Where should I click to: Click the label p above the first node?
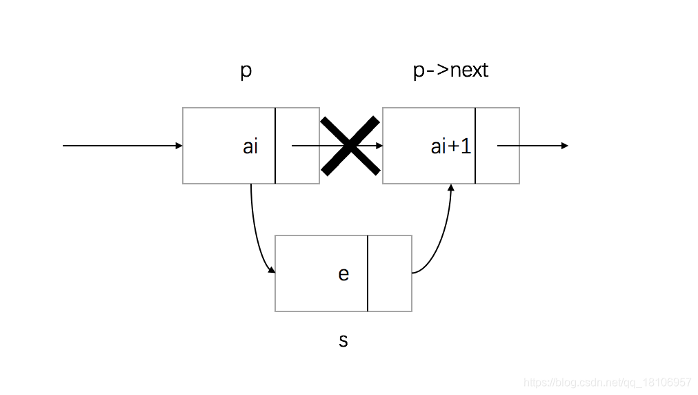(x=246, y=72)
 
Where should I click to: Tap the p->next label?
(x=450, y=70)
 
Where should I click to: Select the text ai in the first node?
(x=250, y=146)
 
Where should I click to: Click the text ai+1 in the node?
(x=451, y=146)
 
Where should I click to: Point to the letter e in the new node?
(x=343, y=274)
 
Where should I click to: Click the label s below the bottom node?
(x=343, y=340)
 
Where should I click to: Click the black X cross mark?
(x=350, y=146)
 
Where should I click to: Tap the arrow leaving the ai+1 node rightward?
(x=532, y=146)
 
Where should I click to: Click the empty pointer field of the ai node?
(x=297, y=166)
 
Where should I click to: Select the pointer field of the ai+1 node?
(x=497, y=166)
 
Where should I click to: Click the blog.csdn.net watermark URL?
(x=607, y=383)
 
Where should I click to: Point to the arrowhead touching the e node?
(x=271, y=271)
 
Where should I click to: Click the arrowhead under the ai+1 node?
(x=452, y=188)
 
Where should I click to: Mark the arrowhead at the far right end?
(x=565, y=146)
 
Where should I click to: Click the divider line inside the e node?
(x=368, y=273)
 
